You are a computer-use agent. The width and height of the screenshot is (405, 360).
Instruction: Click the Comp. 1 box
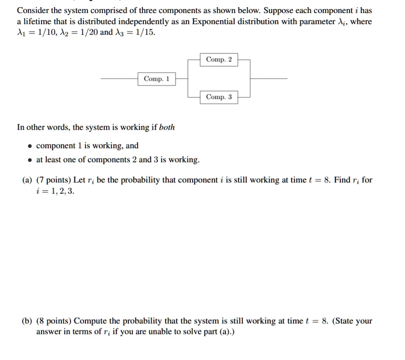157,79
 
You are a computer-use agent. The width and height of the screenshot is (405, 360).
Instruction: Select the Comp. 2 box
219,60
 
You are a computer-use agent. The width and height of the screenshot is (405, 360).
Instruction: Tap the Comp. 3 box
219,97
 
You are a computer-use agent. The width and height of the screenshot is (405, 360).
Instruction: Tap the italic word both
167,127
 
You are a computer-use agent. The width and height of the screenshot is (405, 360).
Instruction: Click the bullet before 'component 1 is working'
30,146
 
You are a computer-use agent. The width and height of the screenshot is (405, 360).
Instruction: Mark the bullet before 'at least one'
30,160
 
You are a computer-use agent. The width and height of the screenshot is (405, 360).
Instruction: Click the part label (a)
28,180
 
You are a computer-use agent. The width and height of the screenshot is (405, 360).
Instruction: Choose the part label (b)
28,321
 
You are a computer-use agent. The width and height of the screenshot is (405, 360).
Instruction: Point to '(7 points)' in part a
54,180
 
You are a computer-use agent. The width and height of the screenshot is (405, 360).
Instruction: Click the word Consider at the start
33,10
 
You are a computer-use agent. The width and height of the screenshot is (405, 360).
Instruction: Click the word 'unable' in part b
165,332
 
